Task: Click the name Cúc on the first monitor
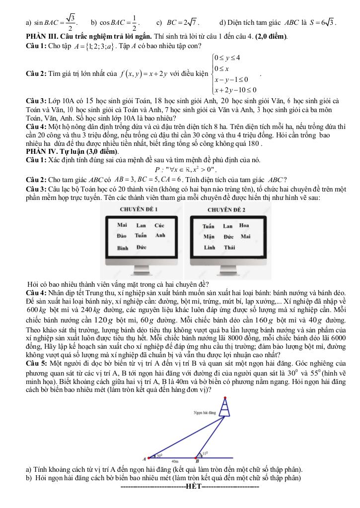point(159,225)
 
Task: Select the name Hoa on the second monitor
point(244,225)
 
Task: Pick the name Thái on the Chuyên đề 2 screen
point(229,247)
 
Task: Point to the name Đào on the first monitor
point(123,236)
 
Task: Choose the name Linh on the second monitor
point(209,247)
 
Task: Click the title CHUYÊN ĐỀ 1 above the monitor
point(139,209)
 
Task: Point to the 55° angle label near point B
point(204,453)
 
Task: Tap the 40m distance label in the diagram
point(175,461)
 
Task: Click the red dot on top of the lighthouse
point(226,398)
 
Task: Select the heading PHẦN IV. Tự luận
point(72,151)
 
